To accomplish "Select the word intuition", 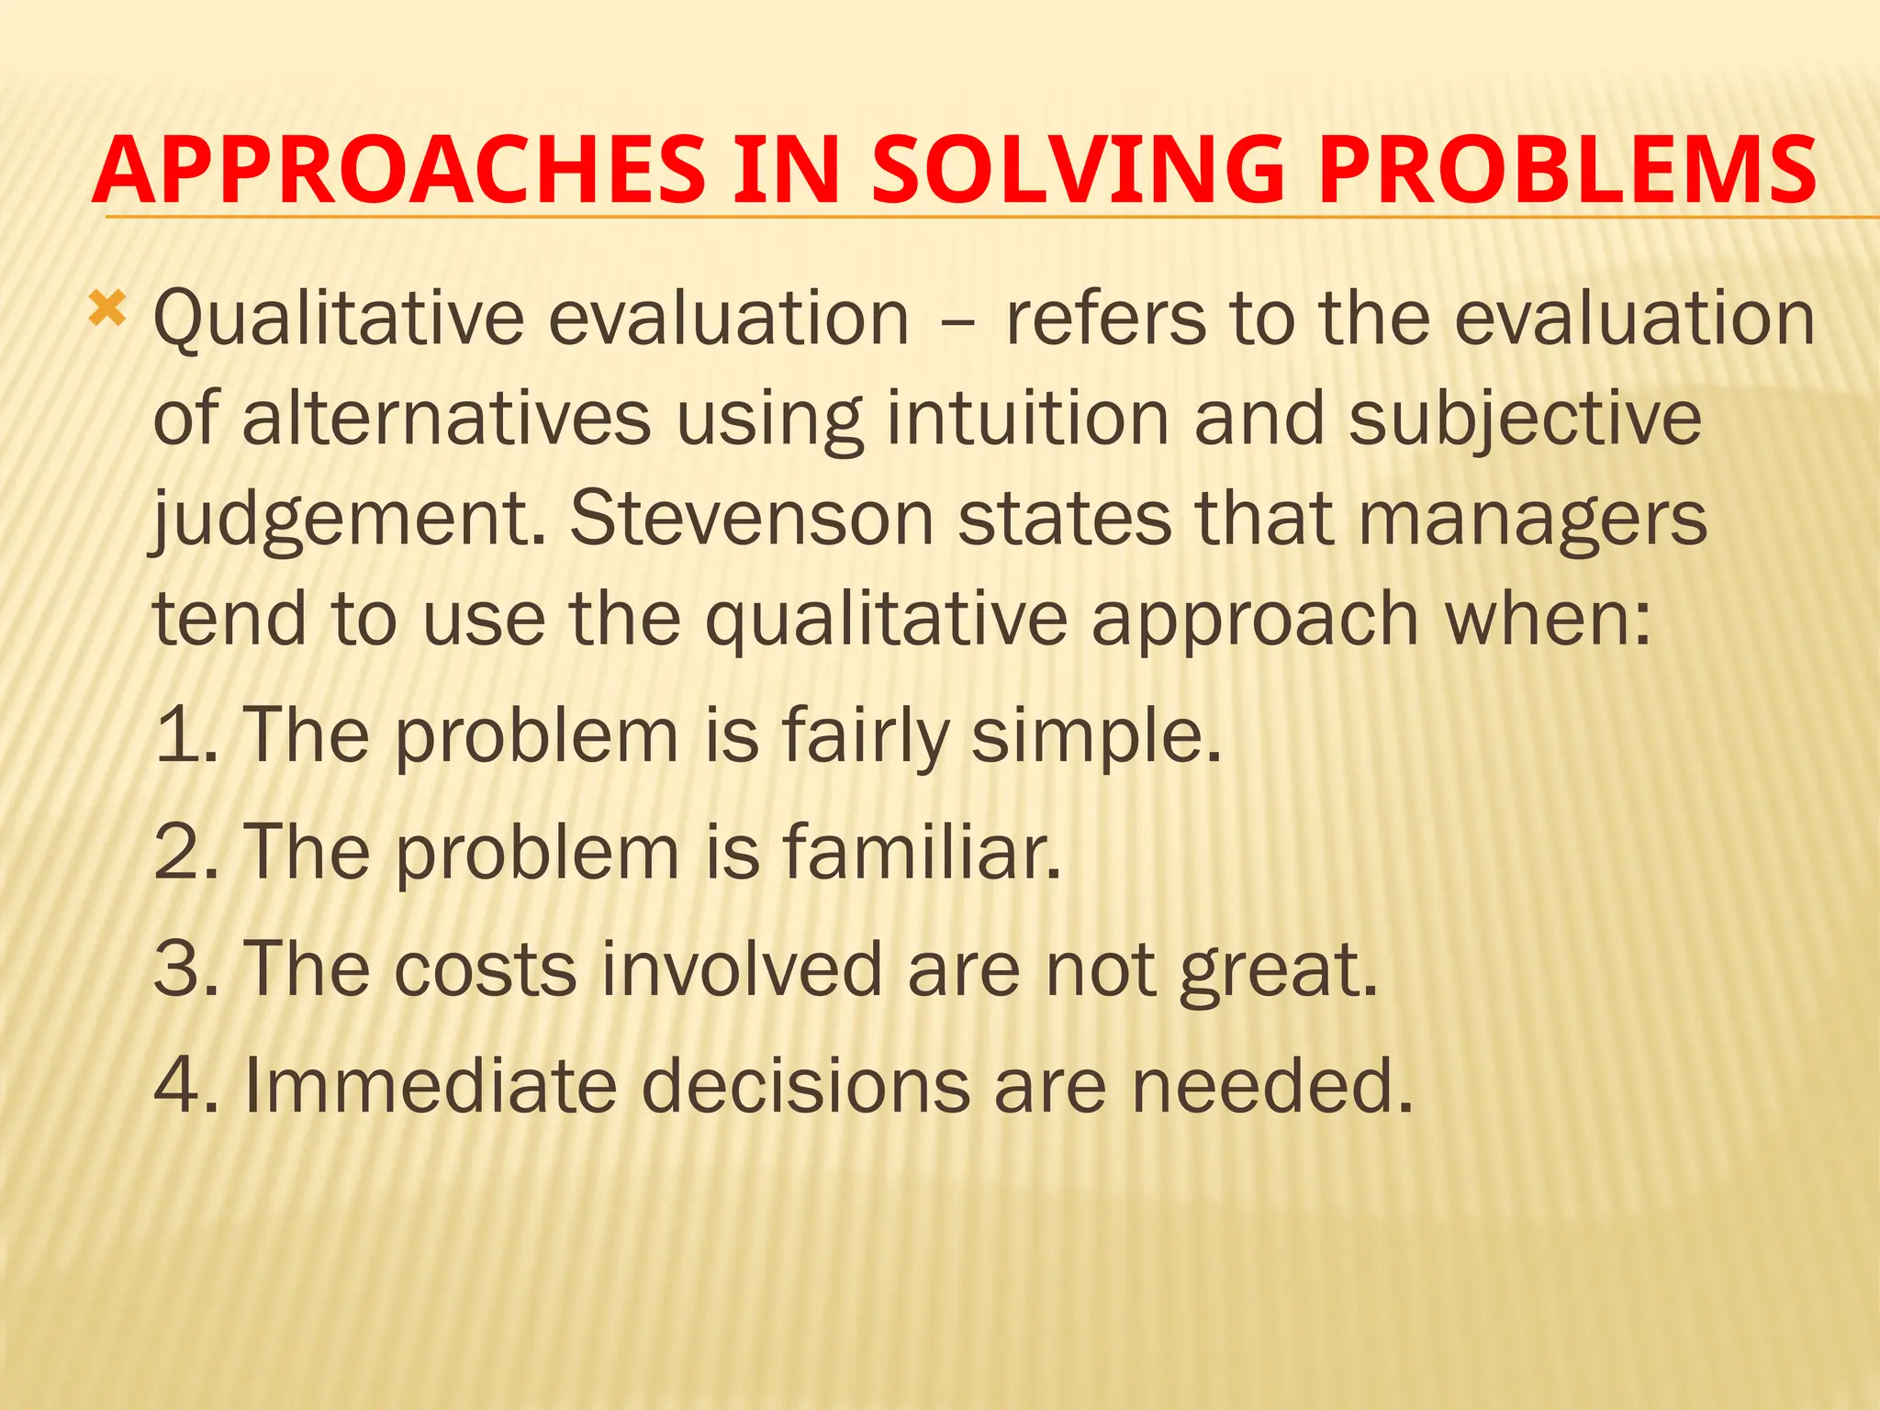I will (x=1027, y=420).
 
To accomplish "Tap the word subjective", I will (x=1525, y=420).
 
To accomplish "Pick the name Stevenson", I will (x=751, y=520).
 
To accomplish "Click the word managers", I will (x=1531, y=521).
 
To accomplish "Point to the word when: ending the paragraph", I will (x=1548, y=619).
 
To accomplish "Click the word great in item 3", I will (x=1278, y=971).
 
